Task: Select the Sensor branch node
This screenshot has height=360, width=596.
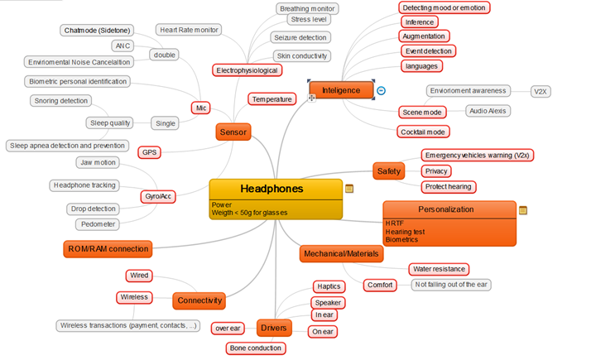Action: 233,131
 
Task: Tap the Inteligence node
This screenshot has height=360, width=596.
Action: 339,89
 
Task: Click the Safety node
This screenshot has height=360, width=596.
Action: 389,170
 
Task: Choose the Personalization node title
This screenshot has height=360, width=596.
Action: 446,209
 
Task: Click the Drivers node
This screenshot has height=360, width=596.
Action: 274,329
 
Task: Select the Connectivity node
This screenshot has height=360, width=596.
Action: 199,300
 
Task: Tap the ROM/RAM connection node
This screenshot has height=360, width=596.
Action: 108,248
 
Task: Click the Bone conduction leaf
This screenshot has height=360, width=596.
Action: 256,348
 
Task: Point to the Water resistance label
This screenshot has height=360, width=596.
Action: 439,269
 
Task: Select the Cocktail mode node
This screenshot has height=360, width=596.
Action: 423,132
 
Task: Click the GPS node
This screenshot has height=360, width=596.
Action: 150,152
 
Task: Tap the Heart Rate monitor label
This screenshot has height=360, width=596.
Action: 188,30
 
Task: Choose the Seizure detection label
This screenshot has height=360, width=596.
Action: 300,37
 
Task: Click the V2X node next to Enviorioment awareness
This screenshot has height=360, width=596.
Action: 541,90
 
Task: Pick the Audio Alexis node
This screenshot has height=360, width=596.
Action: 488,110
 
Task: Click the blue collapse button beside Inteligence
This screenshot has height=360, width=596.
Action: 381,90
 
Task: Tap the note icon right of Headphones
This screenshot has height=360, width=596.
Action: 349,189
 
